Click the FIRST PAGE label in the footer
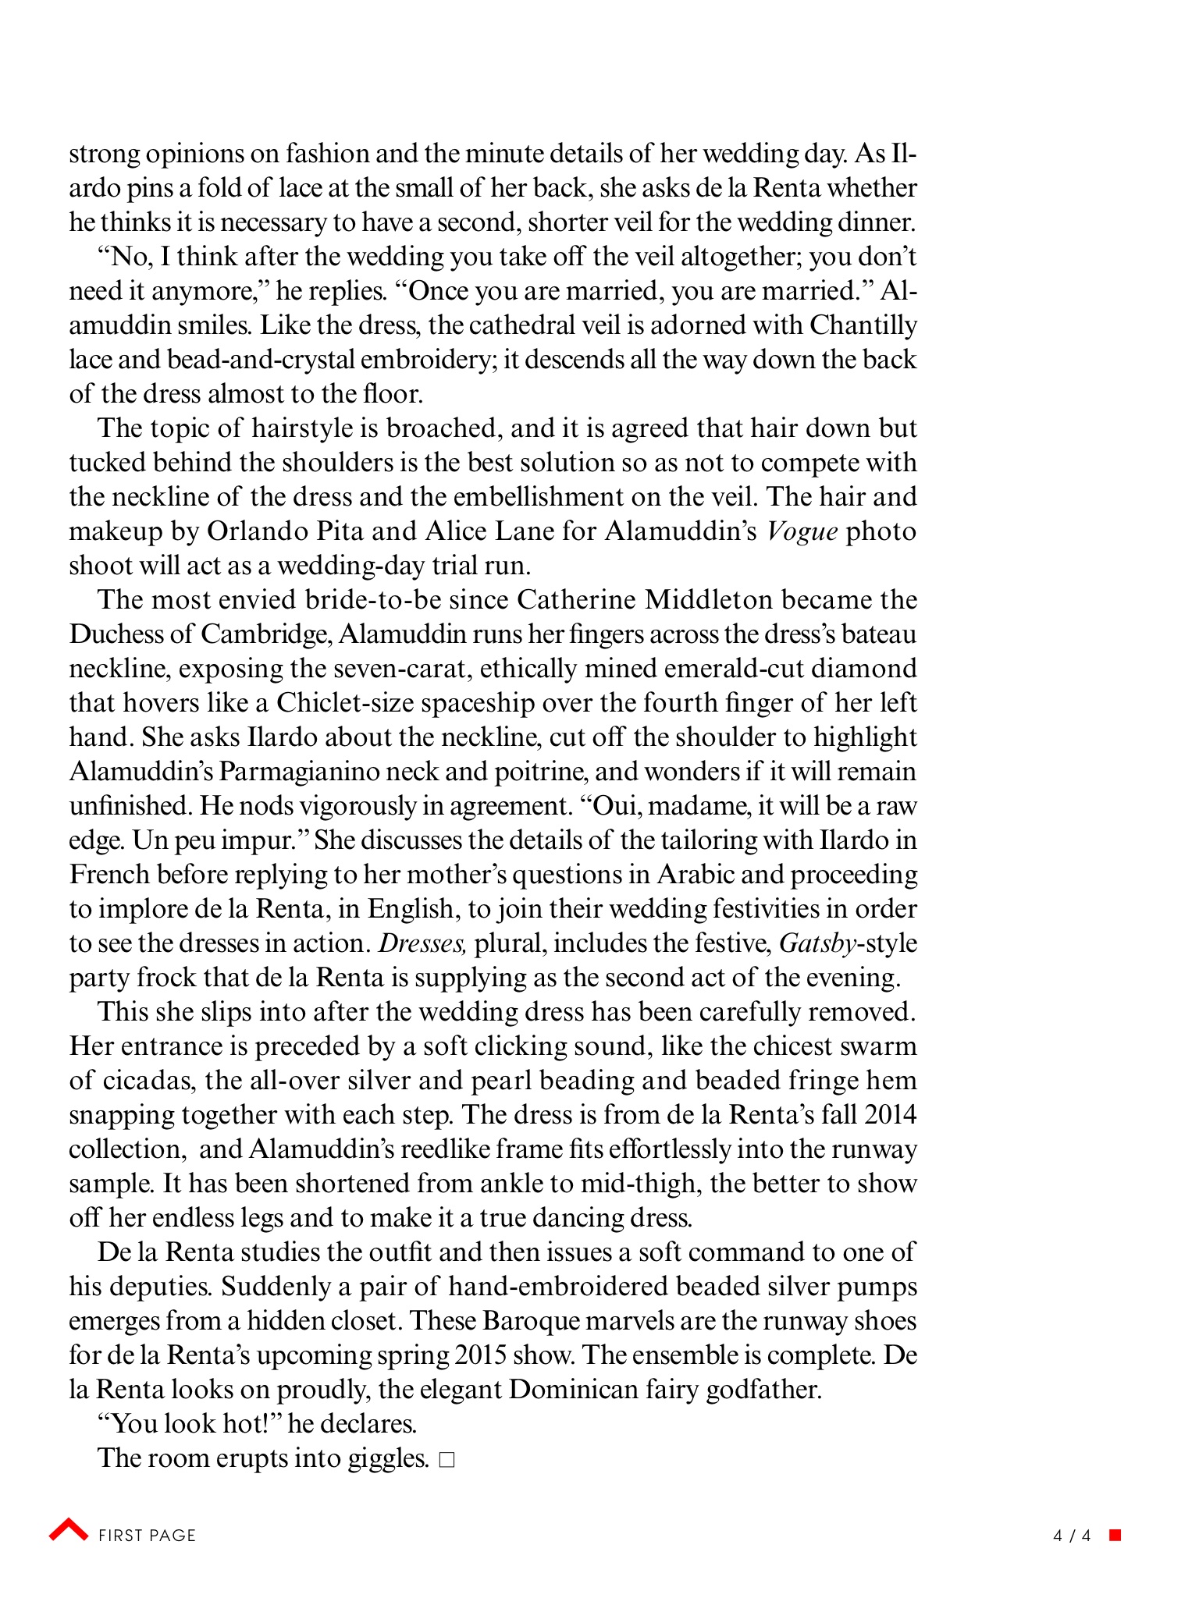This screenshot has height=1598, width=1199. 147,1536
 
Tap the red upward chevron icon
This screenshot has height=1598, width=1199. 69,1530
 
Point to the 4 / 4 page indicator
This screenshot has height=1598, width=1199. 1071,1536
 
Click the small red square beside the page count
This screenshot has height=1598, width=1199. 1115,1535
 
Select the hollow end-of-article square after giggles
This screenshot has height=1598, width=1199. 447,1460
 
